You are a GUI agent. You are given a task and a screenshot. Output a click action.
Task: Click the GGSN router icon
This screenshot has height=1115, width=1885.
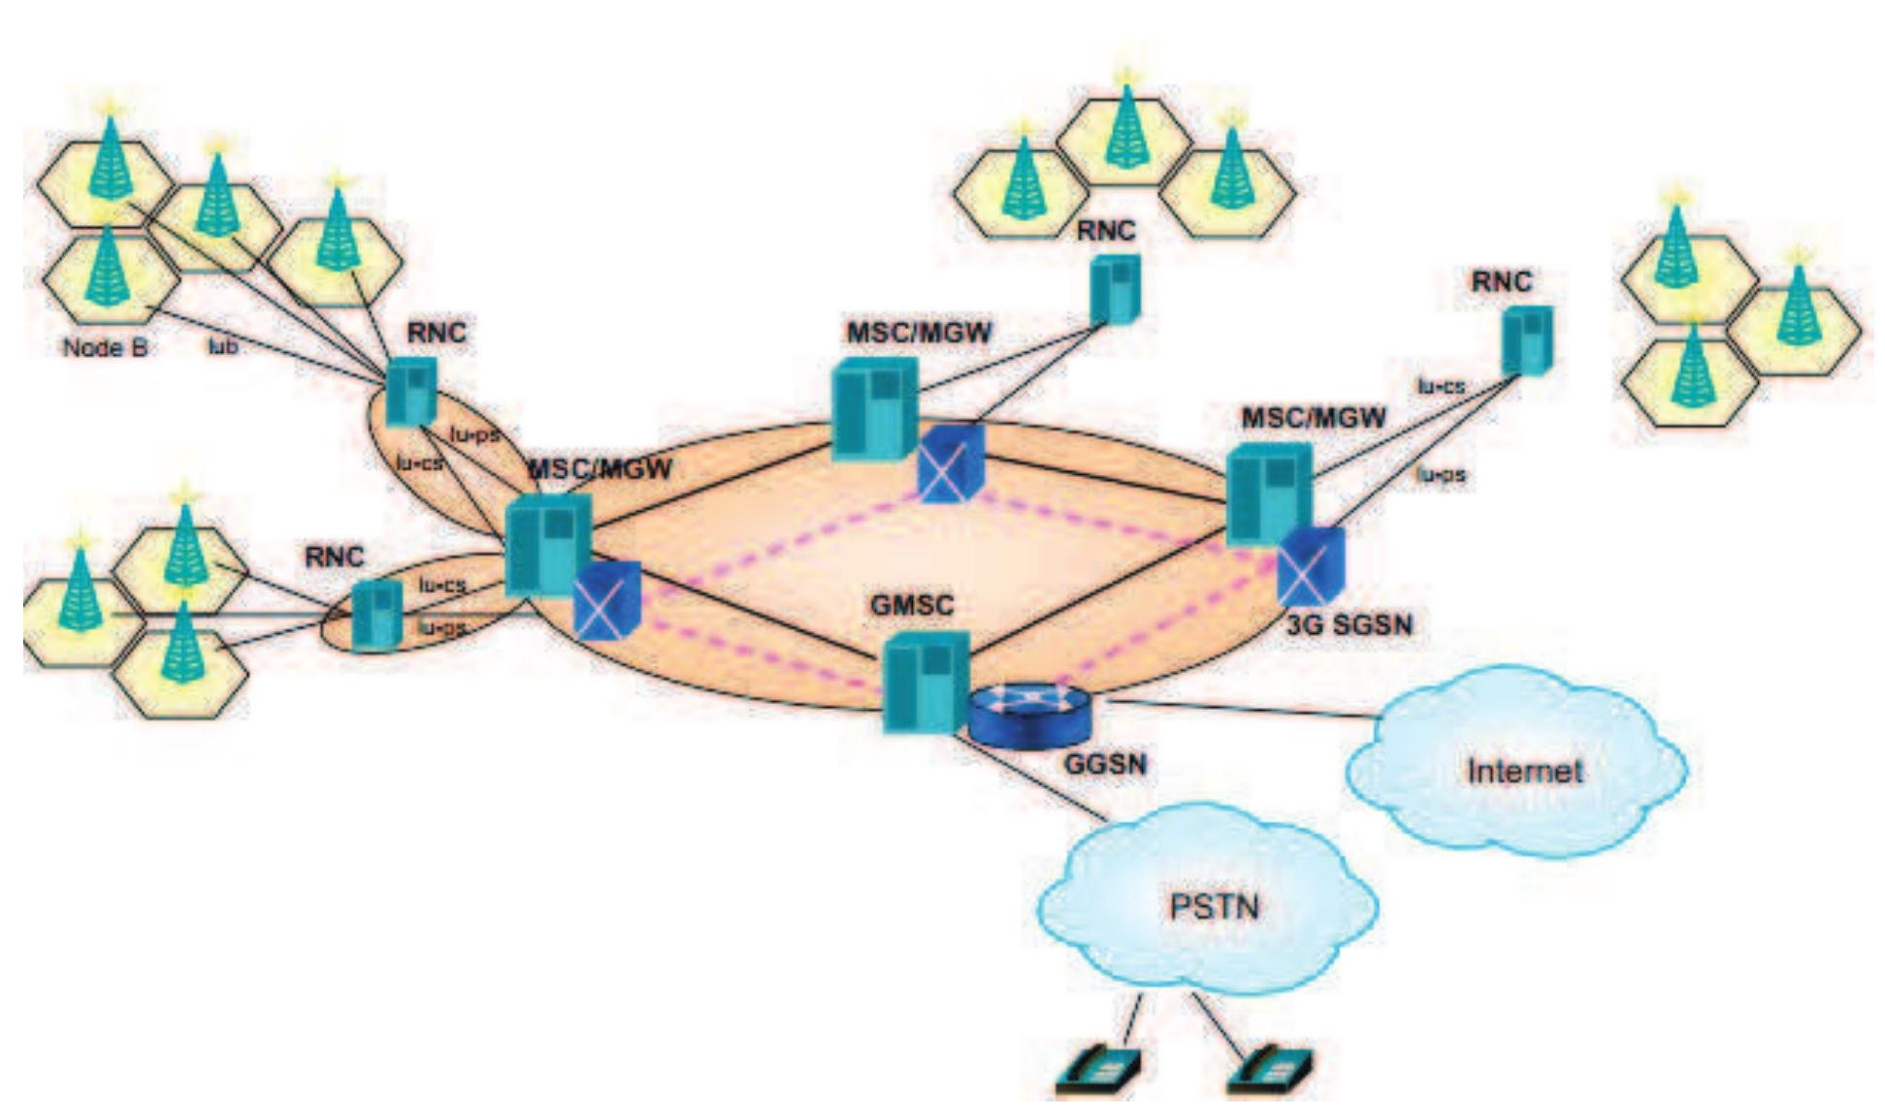1030,716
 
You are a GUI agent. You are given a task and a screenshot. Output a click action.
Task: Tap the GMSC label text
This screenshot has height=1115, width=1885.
912,604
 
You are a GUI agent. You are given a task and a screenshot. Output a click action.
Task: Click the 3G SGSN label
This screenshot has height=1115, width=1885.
1349,623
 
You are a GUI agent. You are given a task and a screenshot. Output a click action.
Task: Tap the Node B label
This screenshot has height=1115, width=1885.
105,347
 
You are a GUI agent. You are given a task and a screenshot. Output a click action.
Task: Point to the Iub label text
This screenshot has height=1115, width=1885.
223,345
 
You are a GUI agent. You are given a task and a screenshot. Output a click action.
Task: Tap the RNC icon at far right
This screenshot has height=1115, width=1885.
1525,339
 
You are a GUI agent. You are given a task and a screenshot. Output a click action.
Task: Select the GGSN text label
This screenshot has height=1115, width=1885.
1105,763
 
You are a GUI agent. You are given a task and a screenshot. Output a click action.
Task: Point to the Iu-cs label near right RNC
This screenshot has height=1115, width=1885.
1442,386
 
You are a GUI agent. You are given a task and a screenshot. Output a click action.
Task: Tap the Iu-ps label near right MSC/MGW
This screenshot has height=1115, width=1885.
1440,475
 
